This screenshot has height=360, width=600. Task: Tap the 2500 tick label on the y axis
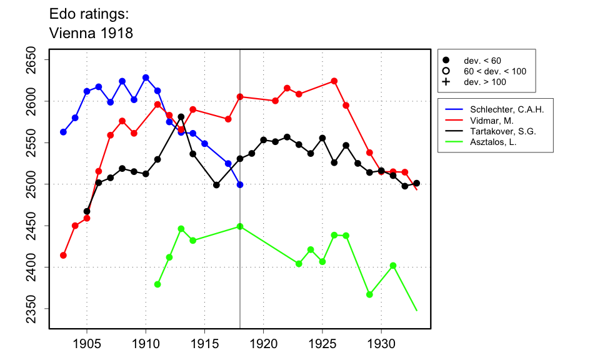[x=32, y=184]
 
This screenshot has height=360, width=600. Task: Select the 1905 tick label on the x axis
[x=87, y=344]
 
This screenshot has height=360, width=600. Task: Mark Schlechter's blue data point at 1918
[x=240, y=184]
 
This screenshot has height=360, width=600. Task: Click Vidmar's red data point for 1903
[x=63, y=255]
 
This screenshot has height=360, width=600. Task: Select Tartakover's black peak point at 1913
[x=181, y=117]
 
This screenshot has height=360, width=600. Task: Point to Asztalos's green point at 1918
[x=240, y=226]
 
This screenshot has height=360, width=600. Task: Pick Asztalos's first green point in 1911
[x=157, y=284]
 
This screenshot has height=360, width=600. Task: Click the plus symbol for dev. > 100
[x=446, y=82]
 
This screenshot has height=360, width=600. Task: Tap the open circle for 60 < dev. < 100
[x=446, y=71]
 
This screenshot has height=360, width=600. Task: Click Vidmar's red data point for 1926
[x=334, y=81]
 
